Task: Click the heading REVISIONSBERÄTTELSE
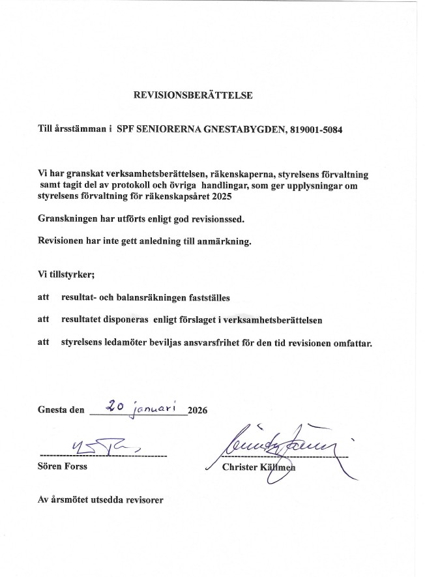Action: (x=192, y=95)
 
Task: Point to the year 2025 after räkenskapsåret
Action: (x=221, y=196)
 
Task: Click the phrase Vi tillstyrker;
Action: (x=66, y=274)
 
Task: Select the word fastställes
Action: (x=202, y=297)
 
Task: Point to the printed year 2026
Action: (x=197, y=411)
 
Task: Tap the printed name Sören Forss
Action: (x=63, y=467)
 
